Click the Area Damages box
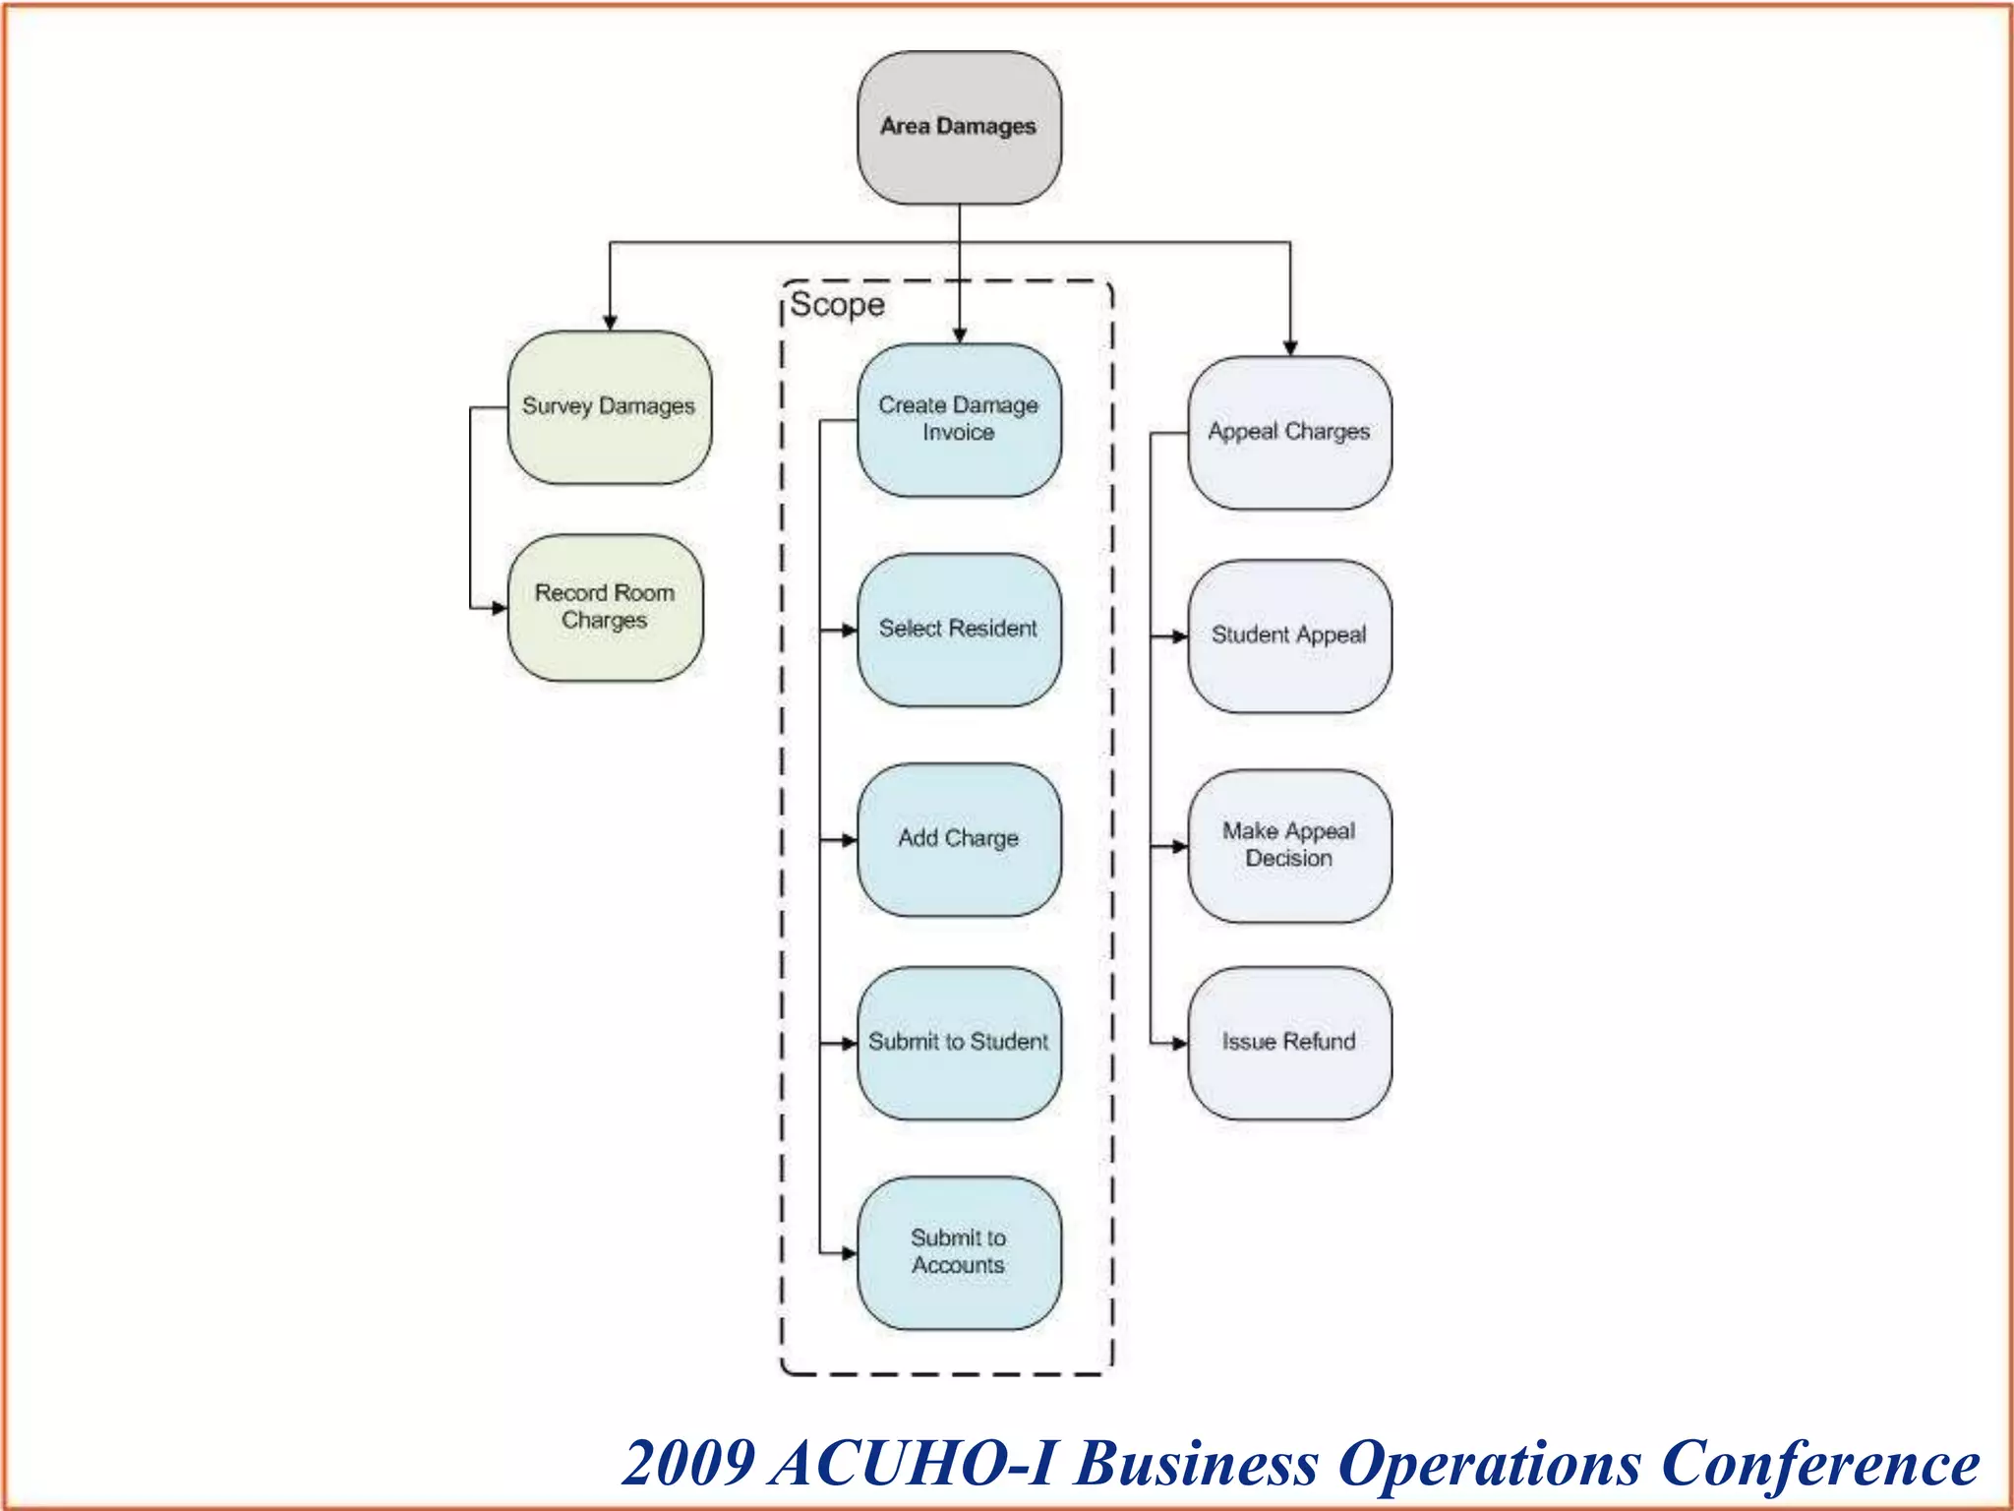pos(959,128)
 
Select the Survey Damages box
pos(609,406)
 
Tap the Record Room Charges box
pos(605,607)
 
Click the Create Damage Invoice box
pos(959,420)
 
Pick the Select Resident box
pos(959,630)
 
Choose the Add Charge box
pos(959,839)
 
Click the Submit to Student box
pos(959,1043)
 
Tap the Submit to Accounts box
pos(959,1252)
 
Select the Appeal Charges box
pos(1289,433)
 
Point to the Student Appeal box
pos(1289,636)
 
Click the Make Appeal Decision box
pos(1289,846)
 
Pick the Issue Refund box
pos(1289,1043)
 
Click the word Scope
pos(837,305)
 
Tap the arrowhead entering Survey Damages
pos(610,323)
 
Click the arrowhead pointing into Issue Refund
pos(1179,1043)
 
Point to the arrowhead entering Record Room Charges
pos(499,608)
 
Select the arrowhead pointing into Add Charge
pos(849,840)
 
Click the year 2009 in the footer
pos(688,1463)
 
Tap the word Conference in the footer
pos(1819,1463)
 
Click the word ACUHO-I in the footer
pos(915,1463)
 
